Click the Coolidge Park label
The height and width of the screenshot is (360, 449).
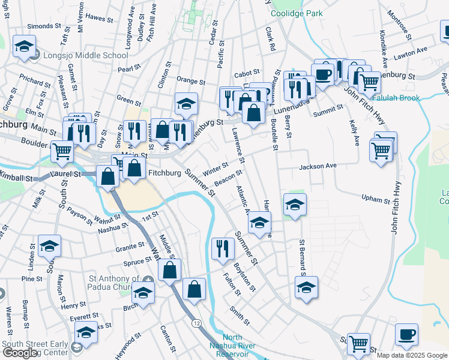[x=297, y=13]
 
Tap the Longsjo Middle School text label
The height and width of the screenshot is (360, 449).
[x=86, y=55]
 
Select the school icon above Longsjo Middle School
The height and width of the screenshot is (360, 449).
[x=24, y=47]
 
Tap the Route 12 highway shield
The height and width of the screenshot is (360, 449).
[x=196, y=323]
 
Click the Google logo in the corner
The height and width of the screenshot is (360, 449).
[x=19, y=353]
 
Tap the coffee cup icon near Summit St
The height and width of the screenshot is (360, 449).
[x=322, y=75]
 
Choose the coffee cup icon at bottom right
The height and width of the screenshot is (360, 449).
[x=406, y=334]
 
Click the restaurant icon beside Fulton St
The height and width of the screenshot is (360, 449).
[x=223, y=248]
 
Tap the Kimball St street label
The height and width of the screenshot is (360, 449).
[x=16, y=179]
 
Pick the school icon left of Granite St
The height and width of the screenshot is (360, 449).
[x=49, y=246]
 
